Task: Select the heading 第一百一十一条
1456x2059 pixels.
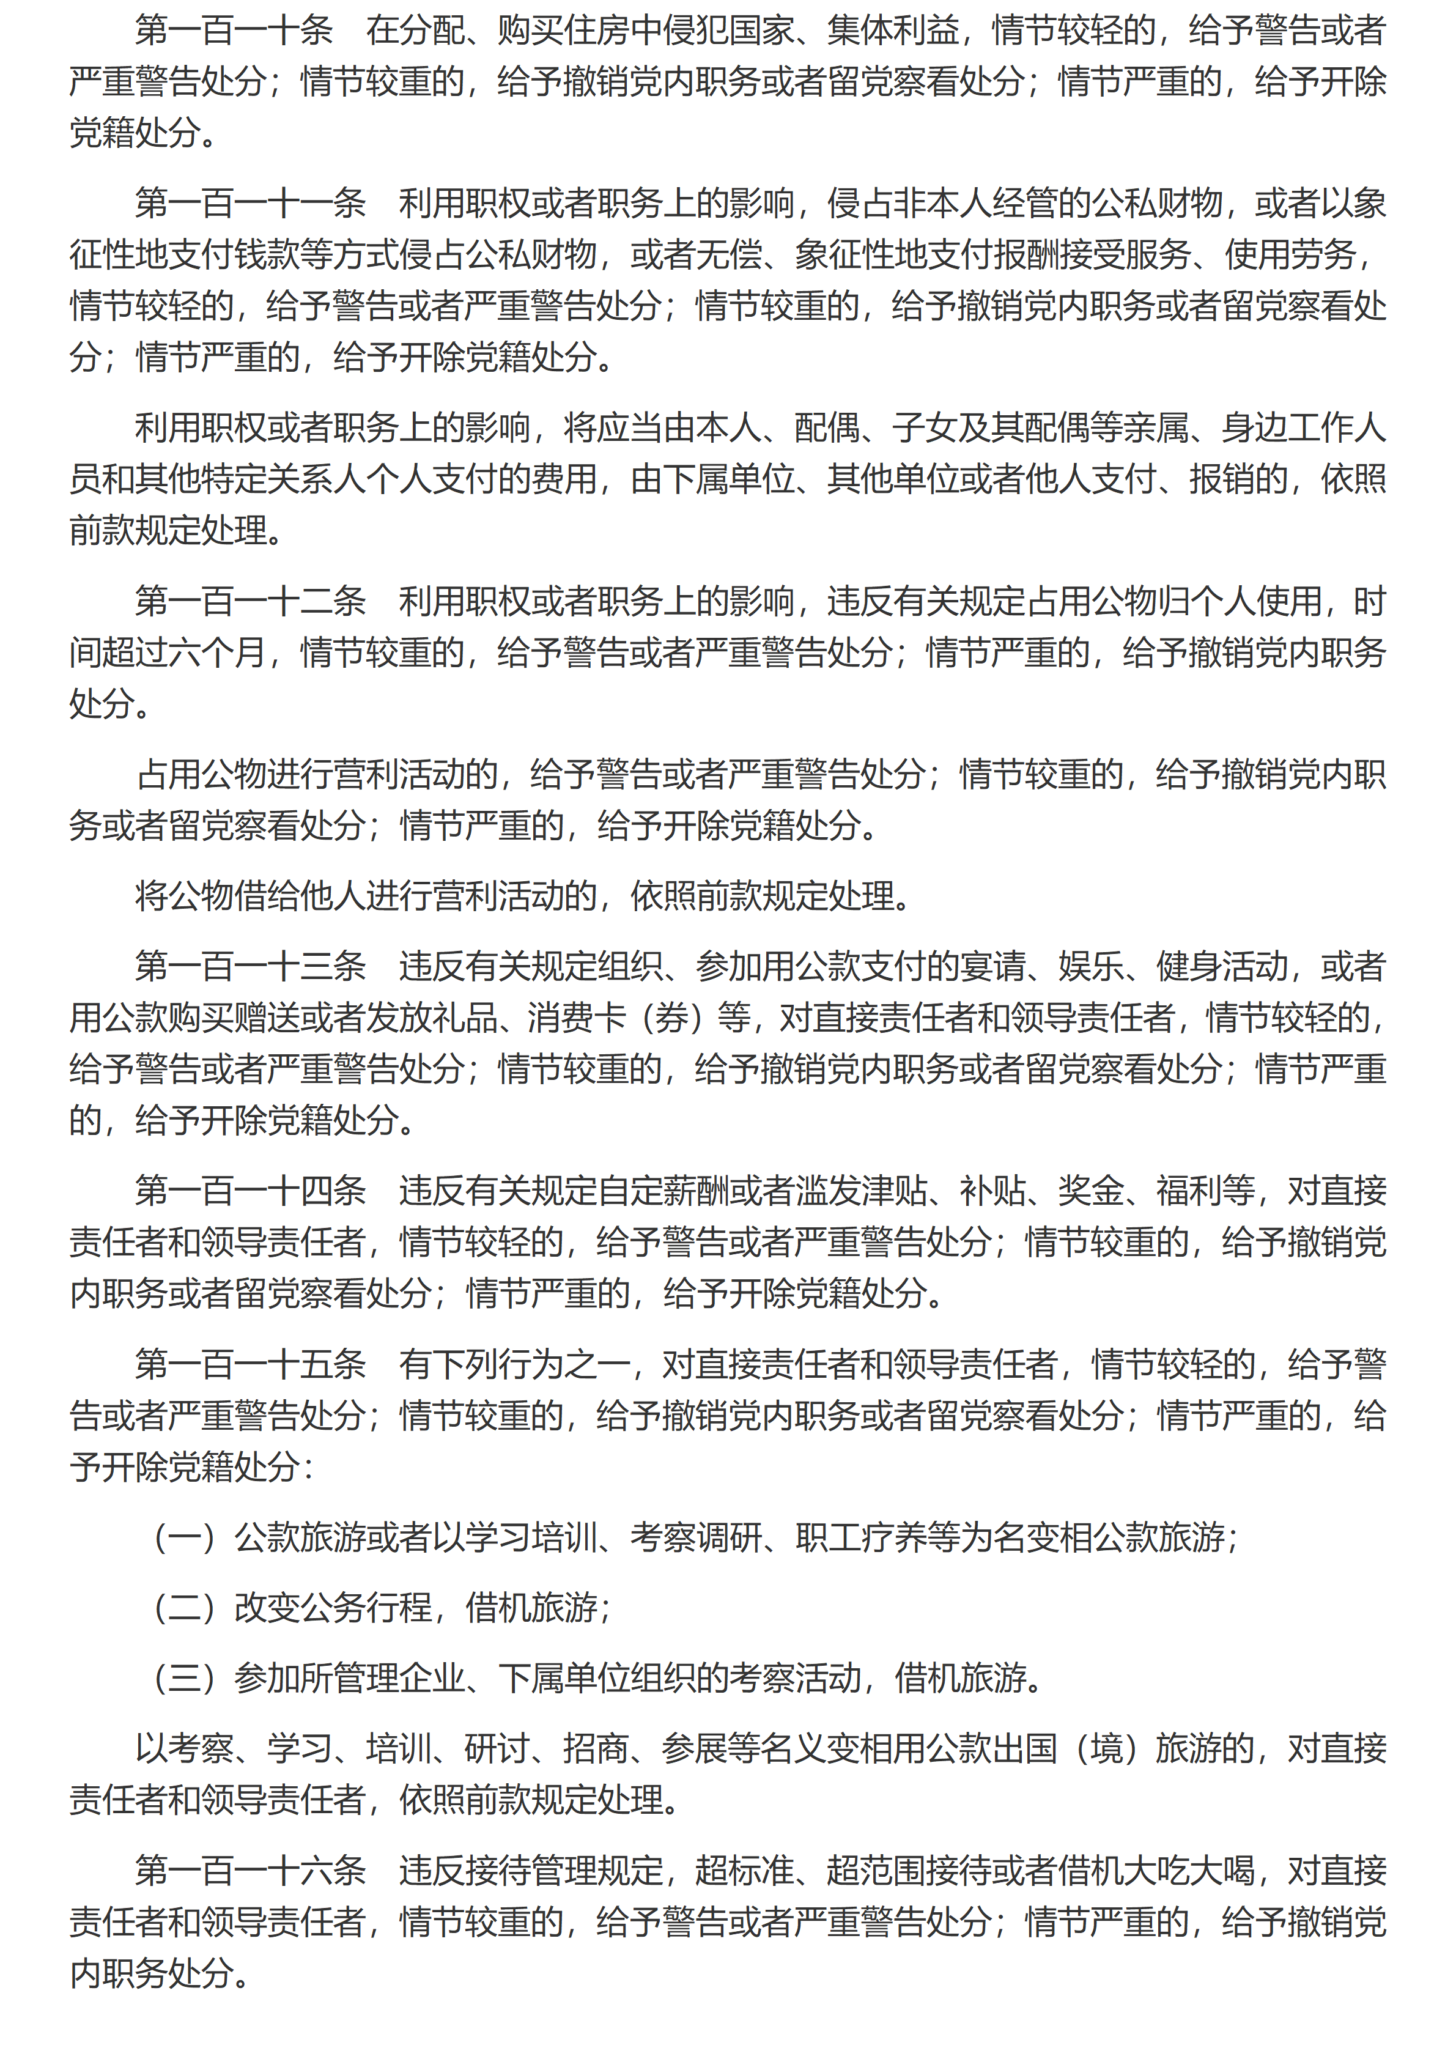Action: pos(251,204)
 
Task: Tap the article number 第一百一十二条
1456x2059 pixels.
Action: pos(251,601)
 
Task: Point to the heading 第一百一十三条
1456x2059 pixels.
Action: pos(251,966)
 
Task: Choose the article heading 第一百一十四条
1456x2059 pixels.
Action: pos(251,1191)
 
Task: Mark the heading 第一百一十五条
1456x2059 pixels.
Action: pos(251,1364)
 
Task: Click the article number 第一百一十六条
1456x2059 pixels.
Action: pos(251,1870)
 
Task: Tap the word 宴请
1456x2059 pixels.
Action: pos(992,966)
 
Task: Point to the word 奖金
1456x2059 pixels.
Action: pos(1091,1191)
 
